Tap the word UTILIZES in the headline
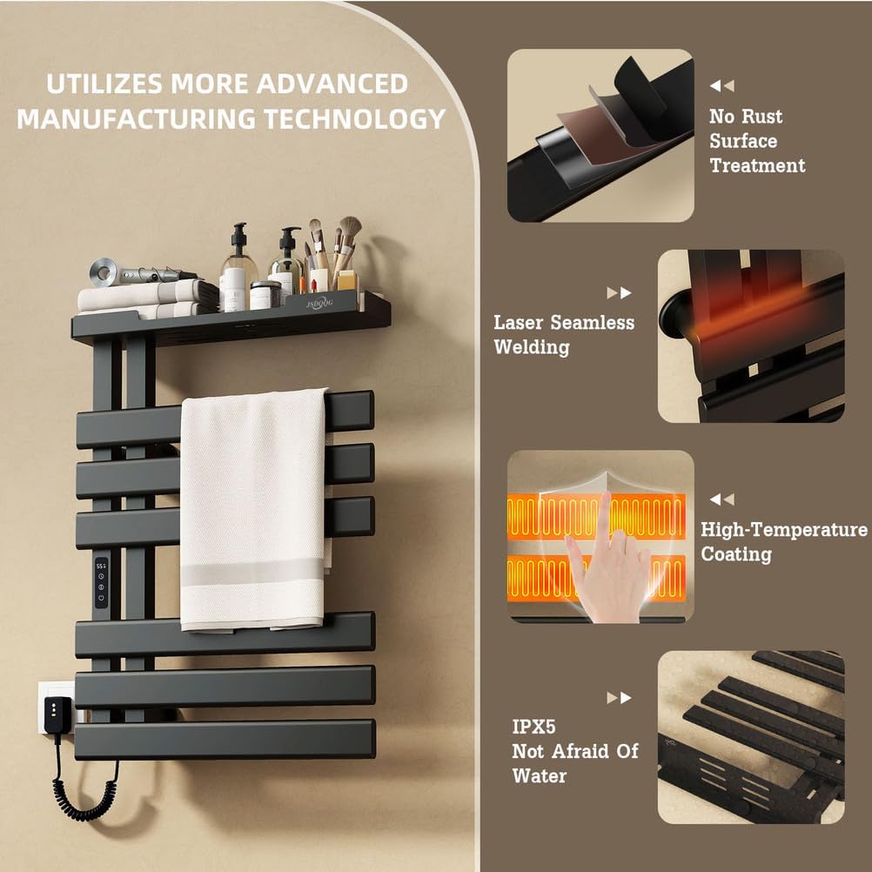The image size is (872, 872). pos(104,84)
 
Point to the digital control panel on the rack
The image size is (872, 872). pos(102,582)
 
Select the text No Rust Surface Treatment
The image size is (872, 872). pos(756,141)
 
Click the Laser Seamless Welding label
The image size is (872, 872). pos(564,335)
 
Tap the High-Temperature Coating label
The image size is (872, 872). pos(783,541)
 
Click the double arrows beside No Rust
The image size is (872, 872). pos(721,86)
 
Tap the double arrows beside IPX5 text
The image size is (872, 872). pos(619,698)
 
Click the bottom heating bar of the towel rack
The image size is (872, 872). pos(226,739)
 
